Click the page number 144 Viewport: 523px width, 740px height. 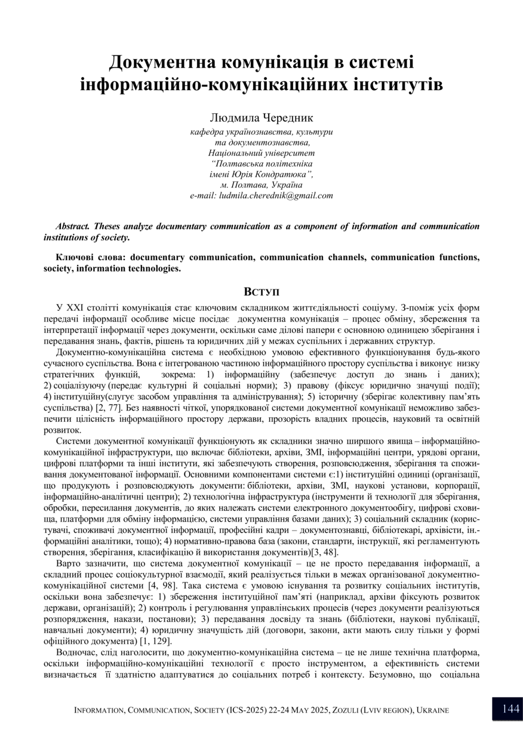510,709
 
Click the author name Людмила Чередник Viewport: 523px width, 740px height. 261,118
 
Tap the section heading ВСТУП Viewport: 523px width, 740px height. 261,292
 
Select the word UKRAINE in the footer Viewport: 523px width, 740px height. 429,710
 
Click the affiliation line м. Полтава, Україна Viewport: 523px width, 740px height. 261,185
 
